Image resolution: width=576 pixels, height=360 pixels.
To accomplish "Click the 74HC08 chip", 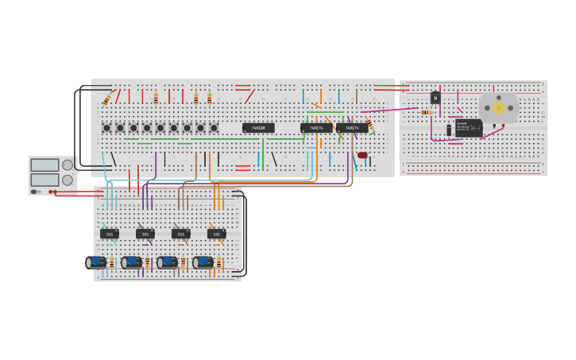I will pos(258,127).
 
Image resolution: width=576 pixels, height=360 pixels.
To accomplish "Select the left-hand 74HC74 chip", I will pos(316,127).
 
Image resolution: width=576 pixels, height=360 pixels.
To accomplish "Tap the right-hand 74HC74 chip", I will pos(352,127).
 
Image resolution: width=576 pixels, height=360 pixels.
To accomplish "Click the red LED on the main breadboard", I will pos(362,155).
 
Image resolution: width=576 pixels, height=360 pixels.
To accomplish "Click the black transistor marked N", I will pos(435,98).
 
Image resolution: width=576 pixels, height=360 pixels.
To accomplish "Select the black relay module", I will pos(469,127).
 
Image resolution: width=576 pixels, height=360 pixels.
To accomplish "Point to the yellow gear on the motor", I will pos(499,107).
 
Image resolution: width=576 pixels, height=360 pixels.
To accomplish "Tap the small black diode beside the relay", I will pos(449,130).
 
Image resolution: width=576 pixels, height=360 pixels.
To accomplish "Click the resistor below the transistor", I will pos(426,112).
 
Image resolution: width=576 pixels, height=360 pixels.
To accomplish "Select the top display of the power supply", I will pos(44,165).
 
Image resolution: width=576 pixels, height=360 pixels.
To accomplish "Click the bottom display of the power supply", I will pos(44,180).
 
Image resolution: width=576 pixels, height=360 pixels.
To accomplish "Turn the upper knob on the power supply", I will pos(68,165).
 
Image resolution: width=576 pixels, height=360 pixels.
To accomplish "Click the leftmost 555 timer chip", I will pos(110,234).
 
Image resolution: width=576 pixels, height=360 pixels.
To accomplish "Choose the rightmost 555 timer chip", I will pos(216,234).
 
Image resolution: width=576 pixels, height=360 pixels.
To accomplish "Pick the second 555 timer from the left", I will pos(145,234).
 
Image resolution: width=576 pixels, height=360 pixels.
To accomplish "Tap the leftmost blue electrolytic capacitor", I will pos(96,262).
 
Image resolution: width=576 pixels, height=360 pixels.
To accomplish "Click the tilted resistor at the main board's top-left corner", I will pos(106,99).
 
